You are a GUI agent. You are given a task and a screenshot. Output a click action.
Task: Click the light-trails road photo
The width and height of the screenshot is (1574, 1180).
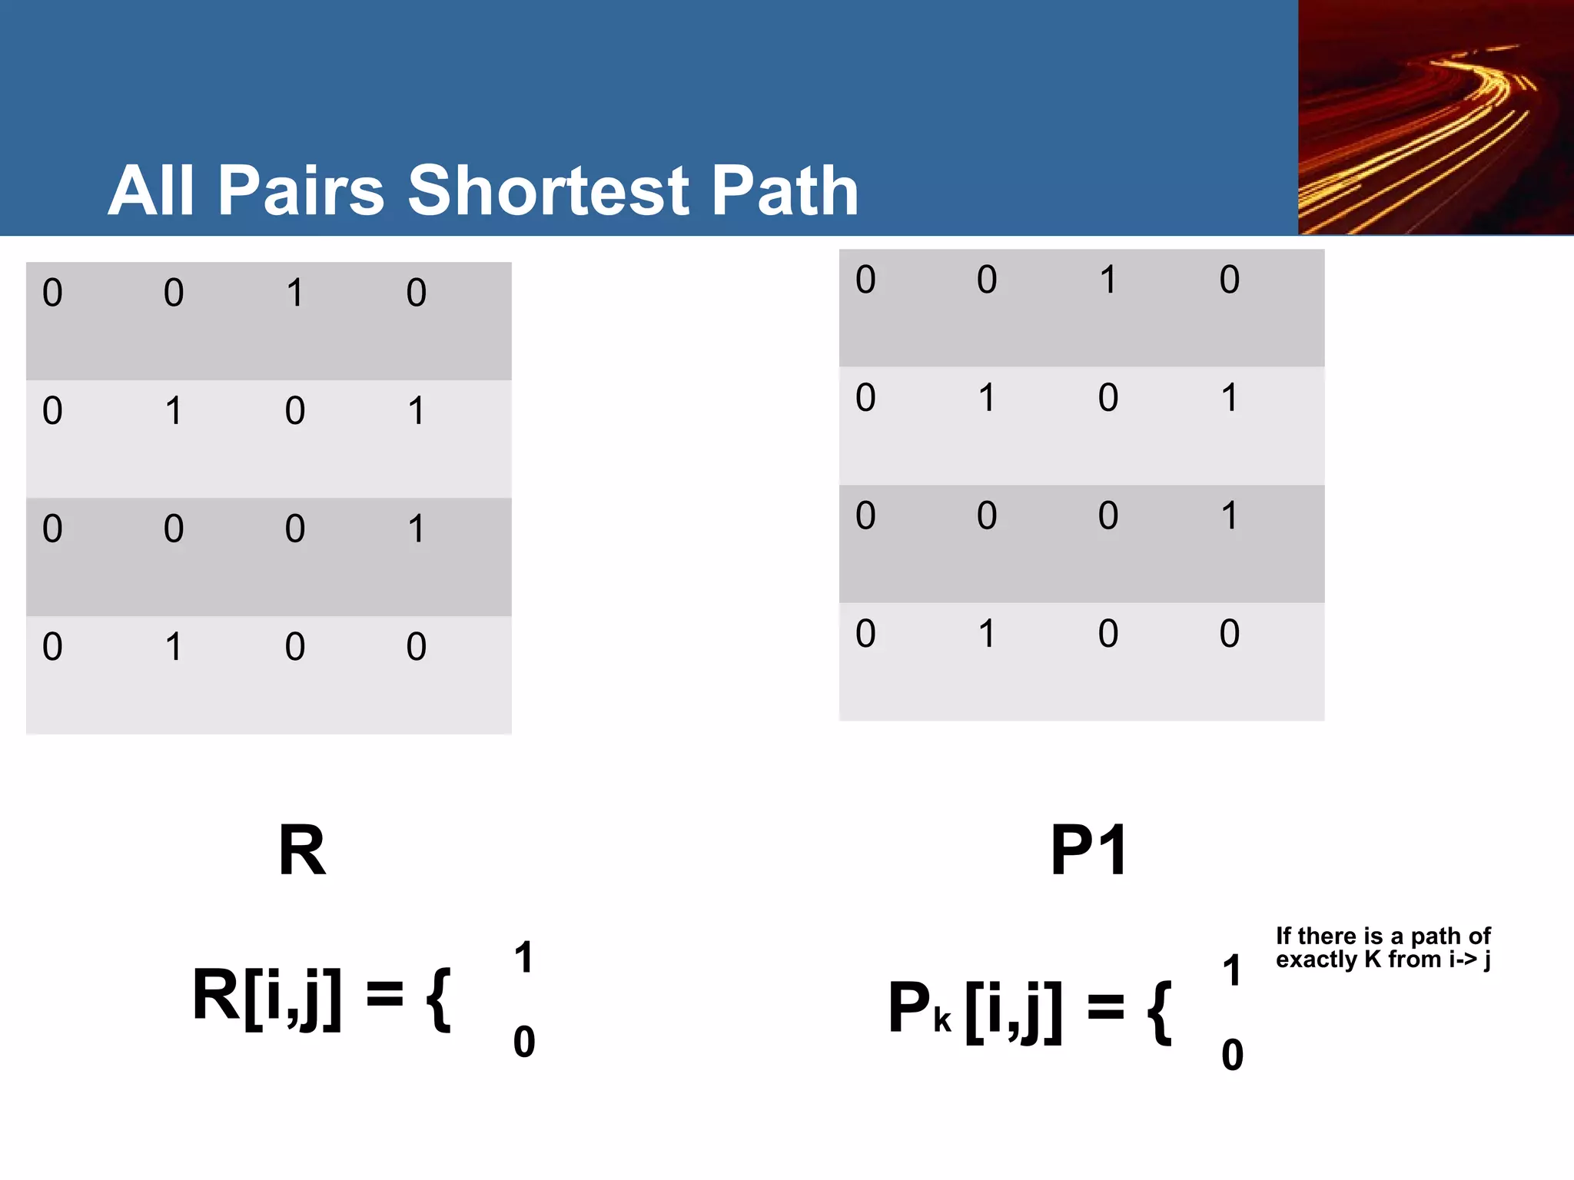point(1435,118)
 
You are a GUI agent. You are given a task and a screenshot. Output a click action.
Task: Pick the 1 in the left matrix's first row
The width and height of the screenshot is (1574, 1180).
point(295,293)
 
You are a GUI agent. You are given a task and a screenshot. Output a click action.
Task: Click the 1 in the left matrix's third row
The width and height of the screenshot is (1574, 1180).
point(417,529)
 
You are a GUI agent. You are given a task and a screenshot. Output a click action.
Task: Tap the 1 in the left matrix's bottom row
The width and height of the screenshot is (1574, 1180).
point(174,647)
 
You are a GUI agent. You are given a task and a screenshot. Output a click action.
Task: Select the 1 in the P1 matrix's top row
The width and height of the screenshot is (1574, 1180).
point(1108,280)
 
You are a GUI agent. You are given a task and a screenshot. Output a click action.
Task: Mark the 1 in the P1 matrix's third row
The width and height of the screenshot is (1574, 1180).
point(1230,515)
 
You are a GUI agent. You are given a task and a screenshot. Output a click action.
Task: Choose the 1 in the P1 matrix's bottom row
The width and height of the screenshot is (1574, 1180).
point(988,634)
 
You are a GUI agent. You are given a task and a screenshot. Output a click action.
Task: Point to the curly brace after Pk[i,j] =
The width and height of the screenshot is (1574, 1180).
point(1159,1012)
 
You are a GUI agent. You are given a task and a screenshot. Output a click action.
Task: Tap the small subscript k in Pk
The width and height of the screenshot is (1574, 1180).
point(943,1022)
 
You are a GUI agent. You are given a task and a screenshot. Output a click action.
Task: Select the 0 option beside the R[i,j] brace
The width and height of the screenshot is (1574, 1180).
point(524,1042)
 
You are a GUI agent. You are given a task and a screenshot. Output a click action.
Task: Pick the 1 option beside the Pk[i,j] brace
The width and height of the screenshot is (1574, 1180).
point(1232,970)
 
